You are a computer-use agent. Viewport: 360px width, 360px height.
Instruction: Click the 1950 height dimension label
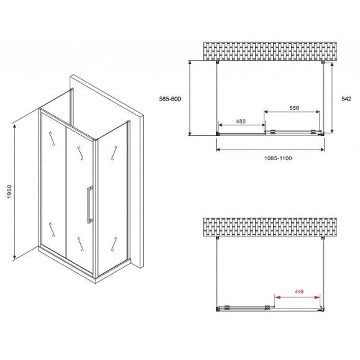[x=9, y=191]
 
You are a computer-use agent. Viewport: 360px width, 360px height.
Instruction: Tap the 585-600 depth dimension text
[x=170, y=99]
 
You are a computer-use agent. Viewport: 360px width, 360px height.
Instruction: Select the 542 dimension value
[x=346, y=99]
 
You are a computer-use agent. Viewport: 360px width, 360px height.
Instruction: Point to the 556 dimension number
[x=294, y=107]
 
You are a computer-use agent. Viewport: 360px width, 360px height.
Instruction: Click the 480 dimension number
[x=241, y=121]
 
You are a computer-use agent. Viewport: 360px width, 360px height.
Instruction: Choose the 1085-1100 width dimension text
[x=278, y=158]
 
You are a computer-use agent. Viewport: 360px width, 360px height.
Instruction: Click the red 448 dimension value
[x=299, y=291]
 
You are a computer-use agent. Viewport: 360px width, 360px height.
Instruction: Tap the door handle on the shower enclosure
[x=89, y=204]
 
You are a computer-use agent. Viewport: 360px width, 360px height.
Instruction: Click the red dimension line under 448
[x=297, y=297]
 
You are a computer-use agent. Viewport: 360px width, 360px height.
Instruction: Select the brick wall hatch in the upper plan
[x=270, y=51]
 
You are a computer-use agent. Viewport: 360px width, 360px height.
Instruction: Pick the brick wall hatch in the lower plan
[x=270, y=227]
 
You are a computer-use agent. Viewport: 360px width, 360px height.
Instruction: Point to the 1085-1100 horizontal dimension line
[x=270, y=150]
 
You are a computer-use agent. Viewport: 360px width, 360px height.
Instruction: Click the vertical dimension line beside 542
[x=332, y=98]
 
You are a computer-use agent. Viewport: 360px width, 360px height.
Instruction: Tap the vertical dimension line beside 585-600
[x=190, y=98]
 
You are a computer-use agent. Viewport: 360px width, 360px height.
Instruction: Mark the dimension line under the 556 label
[x=292, y=112]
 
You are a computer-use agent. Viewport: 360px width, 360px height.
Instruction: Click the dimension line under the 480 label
[x=242, y=125]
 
